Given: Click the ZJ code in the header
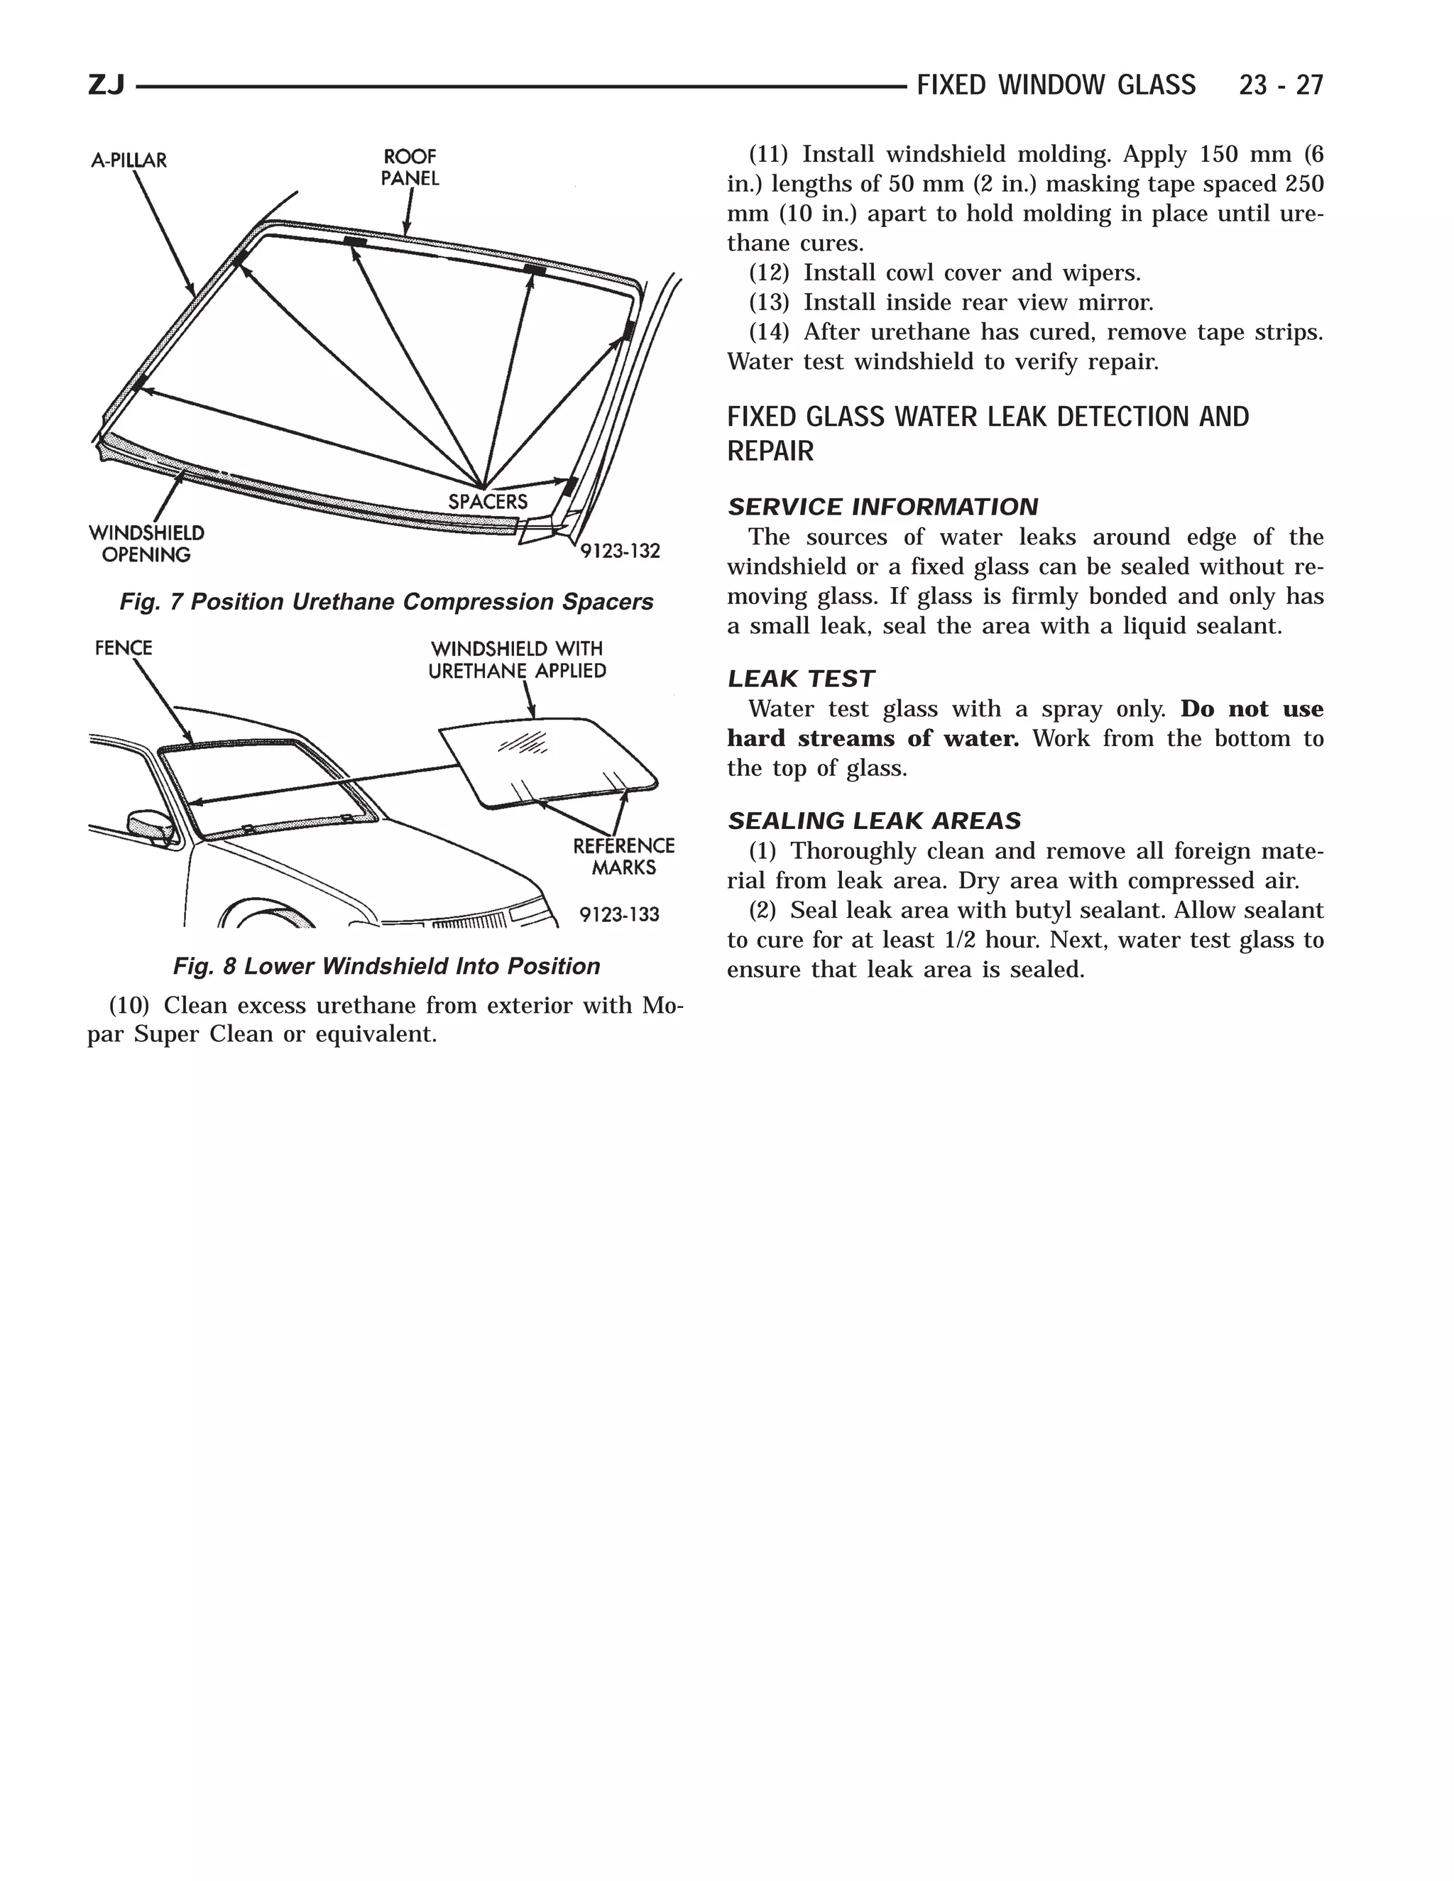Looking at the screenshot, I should pos(106,85).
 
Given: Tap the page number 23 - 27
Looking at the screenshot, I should pos(1280,85).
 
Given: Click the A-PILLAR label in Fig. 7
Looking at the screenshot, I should pos(129,160).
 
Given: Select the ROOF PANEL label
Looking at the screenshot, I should pos(410,167).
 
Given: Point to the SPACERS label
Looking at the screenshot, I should pos(488,501).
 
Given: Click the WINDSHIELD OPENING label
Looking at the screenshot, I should pos(146,544).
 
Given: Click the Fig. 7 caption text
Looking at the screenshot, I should pos(386,601).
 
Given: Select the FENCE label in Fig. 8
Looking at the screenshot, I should pos(123,647).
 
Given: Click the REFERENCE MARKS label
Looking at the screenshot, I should pos(623,856).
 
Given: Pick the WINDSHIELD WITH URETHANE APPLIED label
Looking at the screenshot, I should pos(517,659).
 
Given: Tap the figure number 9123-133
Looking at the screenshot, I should pos(618,914).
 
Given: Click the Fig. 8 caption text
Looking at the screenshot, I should pos(386,966).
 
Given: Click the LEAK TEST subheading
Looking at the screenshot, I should pos(800,679).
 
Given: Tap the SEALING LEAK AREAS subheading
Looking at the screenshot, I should pos(873,821).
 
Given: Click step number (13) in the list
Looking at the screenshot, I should pos(768,302).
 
